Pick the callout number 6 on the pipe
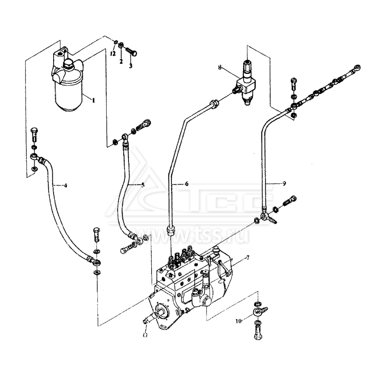pos(186,184)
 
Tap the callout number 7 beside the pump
pos(247,257)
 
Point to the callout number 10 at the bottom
pos(238,321)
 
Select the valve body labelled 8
pos(245,85)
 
